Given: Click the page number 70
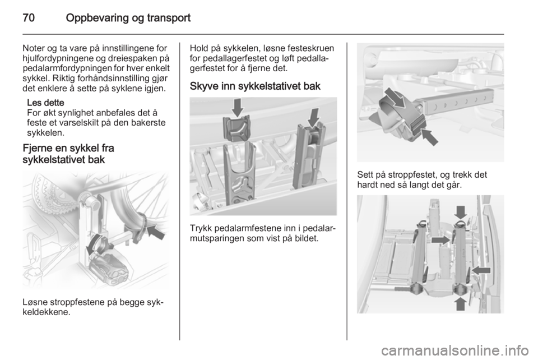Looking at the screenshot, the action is [29, 17].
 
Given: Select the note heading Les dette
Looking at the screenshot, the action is [45, 103].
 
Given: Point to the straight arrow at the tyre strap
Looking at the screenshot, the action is [155, 232].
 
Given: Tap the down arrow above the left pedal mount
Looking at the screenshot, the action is [237, 107].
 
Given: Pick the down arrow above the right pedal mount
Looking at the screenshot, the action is [313, 118].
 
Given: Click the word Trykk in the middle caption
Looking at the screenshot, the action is [201, 228].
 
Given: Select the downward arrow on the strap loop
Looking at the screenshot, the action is [395, 98].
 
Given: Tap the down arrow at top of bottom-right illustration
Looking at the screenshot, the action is [461, 213].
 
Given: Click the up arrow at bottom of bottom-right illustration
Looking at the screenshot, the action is [460, 303].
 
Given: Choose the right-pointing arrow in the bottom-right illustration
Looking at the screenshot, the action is [440, 240].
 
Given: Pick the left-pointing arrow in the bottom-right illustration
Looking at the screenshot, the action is [481, 270].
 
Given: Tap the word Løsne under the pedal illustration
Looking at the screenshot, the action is [36, 302].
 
